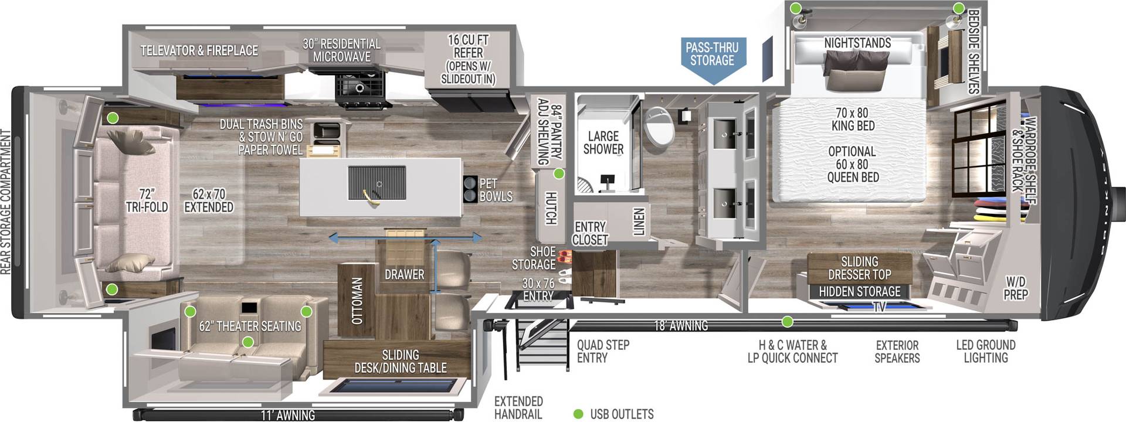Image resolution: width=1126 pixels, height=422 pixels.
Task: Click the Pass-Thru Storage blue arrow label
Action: coord(712,55)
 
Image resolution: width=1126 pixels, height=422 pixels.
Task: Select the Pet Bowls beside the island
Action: coord(471,189)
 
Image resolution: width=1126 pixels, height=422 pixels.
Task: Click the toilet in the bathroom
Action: coord(660,125)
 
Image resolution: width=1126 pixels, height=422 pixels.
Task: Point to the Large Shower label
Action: coord(603,143)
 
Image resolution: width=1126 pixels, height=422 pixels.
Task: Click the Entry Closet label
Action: coord(590,233)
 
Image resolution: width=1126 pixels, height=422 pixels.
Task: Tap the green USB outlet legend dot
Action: coord(578,414)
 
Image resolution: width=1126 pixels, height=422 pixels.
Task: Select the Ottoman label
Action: coord(357,301)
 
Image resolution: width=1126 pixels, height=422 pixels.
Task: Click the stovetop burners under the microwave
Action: coord(359,89)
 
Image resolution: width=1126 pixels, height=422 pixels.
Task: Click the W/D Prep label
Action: coord(1015,288)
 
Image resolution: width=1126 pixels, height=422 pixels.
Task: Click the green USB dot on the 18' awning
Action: coord(788,322)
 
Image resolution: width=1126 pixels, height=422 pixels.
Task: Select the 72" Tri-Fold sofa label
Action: coord(147,200)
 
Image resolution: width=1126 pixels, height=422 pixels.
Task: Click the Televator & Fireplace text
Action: coord(199,51)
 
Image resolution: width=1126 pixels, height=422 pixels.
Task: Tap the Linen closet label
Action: coord(639,222)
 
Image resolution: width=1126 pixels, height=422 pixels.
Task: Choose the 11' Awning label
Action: coord(287,415)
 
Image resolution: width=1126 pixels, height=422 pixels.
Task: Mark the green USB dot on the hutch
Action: coord(559,174)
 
